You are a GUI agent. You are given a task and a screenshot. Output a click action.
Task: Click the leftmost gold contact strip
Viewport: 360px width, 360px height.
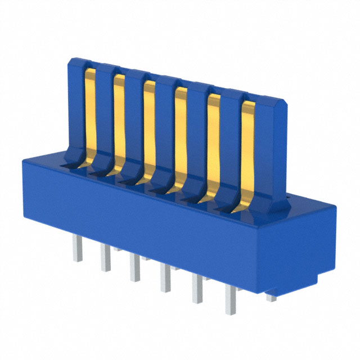90,115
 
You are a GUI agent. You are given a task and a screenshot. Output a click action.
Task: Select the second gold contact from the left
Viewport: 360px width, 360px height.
119,121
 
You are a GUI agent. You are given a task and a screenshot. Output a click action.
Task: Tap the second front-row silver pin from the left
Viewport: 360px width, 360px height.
106,259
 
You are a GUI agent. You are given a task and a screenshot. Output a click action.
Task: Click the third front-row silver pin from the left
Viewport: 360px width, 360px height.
134,269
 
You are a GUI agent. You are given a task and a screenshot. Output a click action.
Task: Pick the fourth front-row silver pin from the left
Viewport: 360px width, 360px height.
165,279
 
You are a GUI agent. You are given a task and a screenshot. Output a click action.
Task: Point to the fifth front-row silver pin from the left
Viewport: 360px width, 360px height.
197,290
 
